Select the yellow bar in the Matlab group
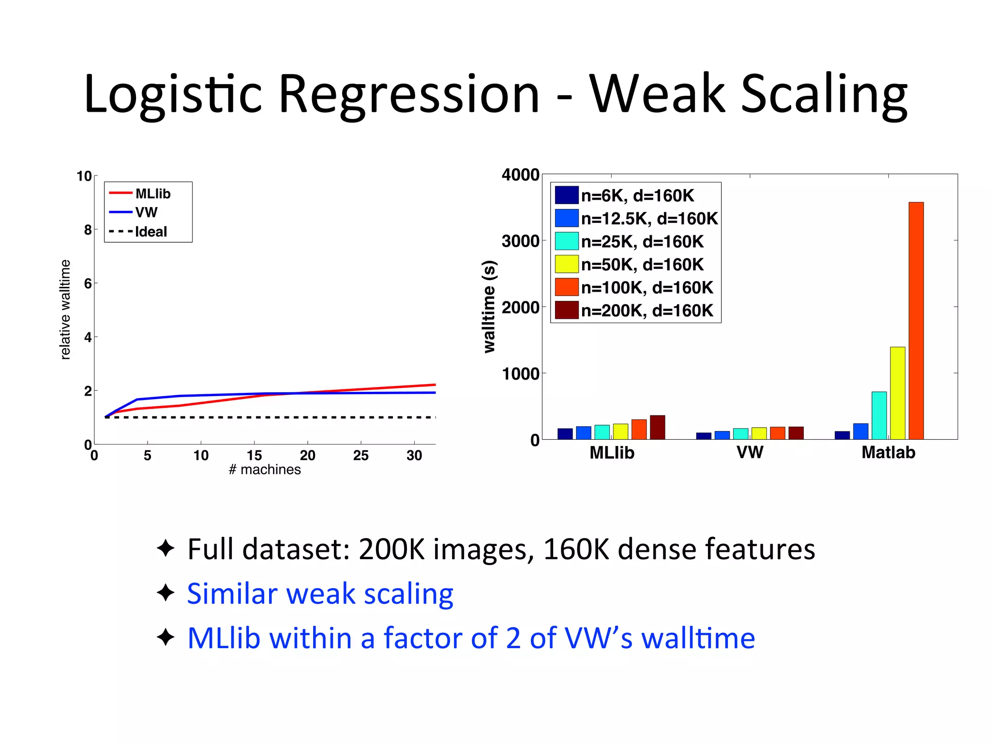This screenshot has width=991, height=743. click(x=898, y=393)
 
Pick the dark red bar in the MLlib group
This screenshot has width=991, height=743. click(x=658, y=427)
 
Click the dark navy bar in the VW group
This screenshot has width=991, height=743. click(x=704, y=436)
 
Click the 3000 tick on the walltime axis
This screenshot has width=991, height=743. click(x=520, y=241)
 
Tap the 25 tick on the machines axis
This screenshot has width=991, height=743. click(x=360, y=455)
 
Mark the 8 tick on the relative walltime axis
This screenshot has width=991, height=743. click(x=88, y=230)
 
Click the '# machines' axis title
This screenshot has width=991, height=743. click(x=265, y=470)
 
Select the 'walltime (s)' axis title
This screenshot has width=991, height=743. click(x=490, y=307)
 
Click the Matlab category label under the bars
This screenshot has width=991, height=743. click(x=888, y=452)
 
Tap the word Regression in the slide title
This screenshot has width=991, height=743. click(x=409, y=94)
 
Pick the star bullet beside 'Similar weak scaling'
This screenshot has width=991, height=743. click(x=165, y=593)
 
